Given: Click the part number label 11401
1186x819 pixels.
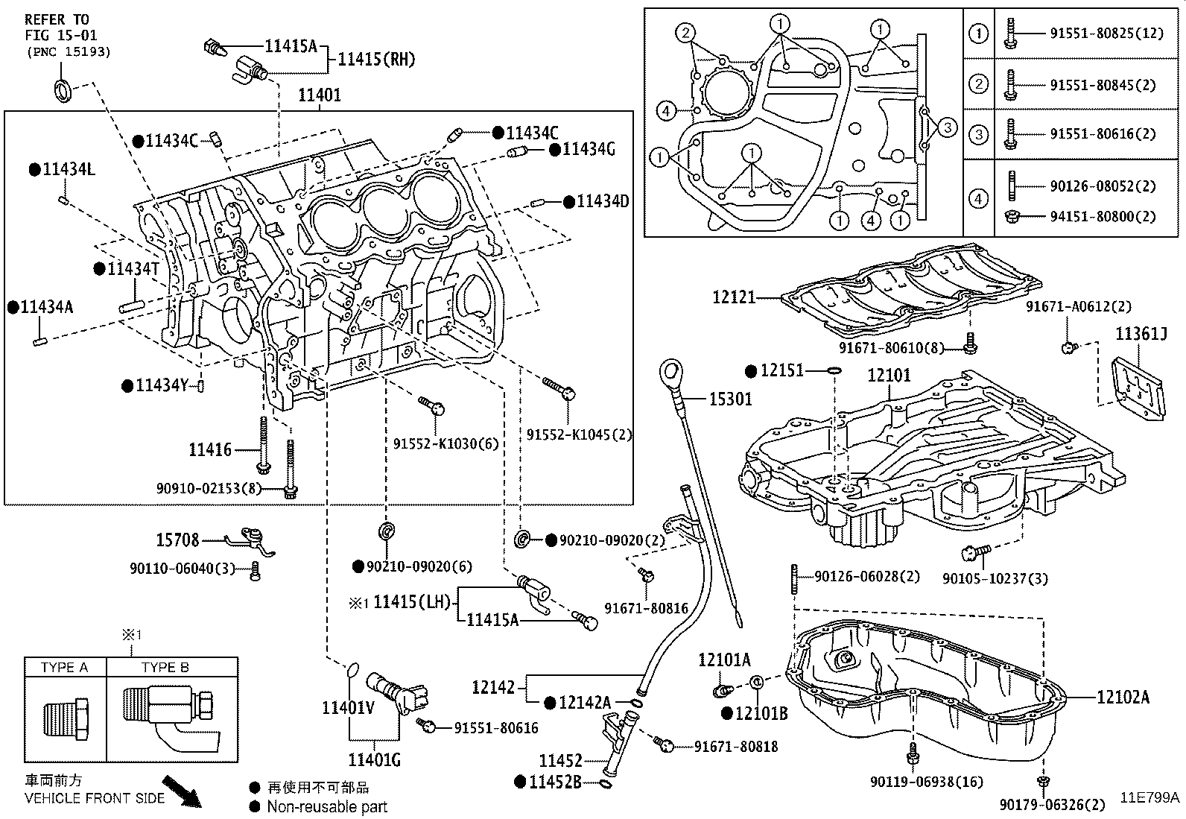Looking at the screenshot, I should (x=320, y=95).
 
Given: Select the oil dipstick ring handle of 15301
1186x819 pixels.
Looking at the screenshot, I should (x=670, y=370).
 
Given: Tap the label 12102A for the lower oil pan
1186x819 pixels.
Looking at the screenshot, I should (x=1123, y=697).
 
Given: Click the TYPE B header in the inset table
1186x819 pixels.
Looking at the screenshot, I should (x=165, y=667).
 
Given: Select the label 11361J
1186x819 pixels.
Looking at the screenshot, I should (x=1141, y=335).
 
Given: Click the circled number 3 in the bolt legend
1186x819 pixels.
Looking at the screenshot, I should (x=978, y=134).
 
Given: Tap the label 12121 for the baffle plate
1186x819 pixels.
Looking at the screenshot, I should (x=734, y=297).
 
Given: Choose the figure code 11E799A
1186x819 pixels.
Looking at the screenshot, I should (x=1150, y=797).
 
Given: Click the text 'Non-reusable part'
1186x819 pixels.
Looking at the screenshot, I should (x=327, y=806).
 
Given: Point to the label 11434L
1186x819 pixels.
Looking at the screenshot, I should (x=69, y=169).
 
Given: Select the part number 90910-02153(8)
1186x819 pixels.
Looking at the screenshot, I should (x=209, y=488).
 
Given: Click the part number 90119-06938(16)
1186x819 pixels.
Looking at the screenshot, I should (x=926, y=782).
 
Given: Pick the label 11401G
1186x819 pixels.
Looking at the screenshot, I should (x=374, y=759).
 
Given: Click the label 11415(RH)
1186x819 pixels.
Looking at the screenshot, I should (x=376, y=59).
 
